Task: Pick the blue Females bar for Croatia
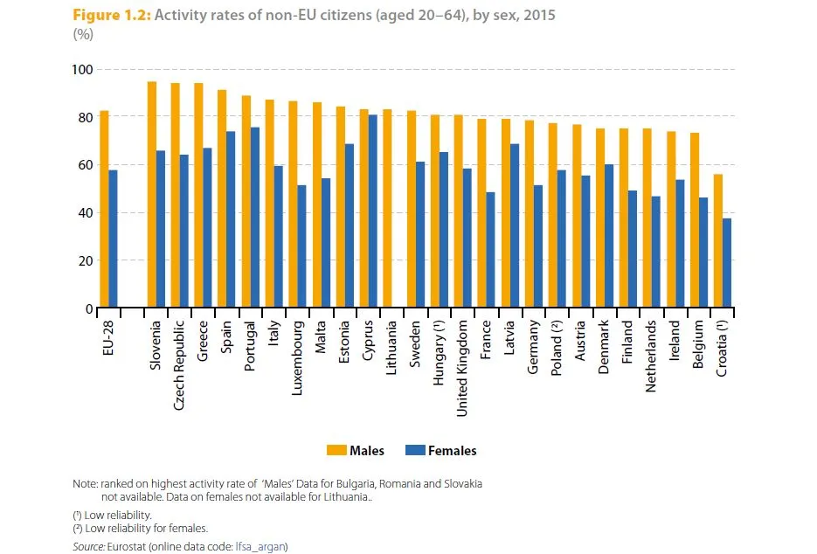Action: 726,263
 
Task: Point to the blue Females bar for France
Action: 491,250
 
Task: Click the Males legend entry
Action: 355,451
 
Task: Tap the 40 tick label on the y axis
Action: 83,212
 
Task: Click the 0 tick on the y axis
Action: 88,308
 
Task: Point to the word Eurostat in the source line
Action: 123,546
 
